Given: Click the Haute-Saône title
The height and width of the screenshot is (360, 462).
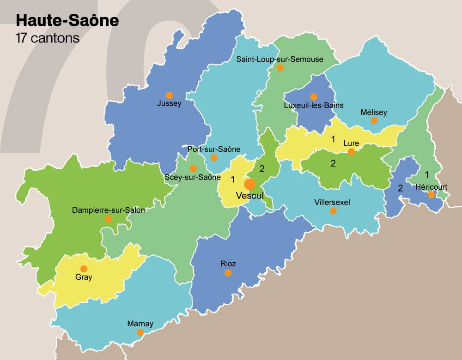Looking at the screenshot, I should [x=67, y=21].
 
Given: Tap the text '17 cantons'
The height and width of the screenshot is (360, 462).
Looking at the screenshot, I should [x=48, y=38].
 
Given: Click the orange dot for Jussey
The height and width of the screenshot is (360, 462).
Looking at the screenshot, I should [x=169, y=95].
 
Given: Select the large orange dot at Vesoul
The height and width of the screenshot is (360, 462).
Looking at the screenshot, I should [x=250, y=184].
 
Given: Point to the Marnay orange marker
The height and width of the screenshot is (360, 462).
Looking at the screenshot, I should [x=140, y=332].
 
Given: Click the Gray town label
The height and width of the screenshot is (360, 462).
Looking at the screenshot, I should [x=84, y=277].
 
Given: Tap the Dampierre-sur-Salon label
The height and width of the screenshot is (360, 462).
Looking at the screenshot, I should [x=109, y=210].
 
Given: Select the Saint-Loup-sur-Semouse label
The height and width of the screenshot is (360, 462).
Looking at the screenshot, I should [x=280, y=59].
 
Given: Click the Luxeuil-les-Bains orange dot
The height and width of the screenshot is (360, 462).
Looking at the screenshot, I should [x=314, y=97].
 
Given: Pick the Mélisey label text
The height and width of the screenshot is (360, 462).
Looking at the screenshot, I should [x=374, y=112].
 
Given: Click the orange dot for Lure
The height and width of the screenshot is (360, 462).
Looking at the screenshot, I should [x=351, y=151].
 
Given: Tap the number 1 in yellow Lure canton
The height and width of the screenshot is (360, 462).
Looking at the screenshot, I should [x=333, y=138].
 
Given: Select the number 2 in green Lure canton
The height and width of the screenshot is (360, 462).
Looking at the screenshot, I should [x=333, y=162].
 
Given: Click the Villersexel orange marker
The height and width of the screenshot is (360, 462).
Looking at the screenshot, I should [x=333, y=211].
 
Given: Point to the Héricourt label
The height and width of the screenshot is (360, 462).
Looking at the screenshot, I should [x=431, y=187].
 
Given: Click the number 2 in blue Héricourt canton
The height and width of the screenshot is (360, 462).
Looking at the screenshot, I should [x=401, y=188].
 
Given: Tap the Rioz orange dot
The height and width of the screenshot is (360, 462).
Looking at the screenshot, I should [x=228, y=273].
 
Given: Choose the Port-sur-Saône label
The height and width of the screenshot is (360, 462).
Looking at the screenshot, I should [x=214, y=149].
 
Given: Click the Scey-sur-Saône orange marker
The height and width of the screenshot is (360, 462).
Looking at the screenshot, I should [x=193, y=168].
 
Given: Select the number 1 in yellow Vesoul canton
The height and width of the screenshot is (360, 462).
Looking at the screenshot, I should [x=233, y=179].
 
